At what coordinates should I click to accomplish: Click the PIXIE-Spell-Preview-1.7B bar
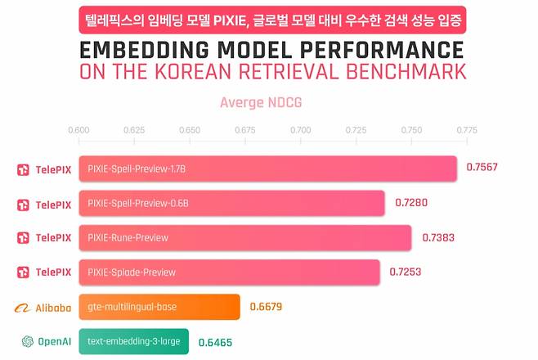[x=267, y=169]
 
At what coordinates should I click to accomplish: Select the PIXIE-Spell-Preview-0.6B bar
[x=231, y=203]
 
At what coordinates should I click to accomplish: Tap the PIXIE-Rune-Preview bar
[x=244, y=238]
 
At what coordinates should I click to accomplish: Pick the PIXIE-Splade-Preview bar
[x=229, y=272]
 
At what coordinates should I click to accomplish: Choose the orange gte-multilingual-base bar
[x=159, y=307]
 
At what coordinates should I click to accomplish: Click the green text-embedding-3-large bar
[x=133, y=341]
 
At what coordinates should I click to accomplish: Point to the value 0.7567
[x=482, y=168]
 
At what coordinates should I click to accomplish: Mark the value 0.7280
[x=412, y=203]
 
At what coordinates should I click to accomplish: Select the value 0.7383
[x=438, y=237]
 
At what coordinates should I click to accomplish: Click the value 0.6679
[x=267, y=307]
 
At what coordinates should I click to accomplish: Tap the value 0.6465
[x=215, y=341]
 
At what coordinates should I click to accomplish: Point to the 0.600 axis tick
[x=78, y=130]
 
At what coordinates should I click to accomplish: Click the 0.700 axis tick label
[x=300, y=130]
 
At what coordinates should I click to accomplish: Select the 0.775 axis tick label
[x=467, y=130]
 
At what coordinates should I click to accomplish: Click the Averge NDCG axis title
[x=260, y=103]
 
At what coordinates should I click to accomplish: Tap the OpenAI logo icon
[x=28, y=341]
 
